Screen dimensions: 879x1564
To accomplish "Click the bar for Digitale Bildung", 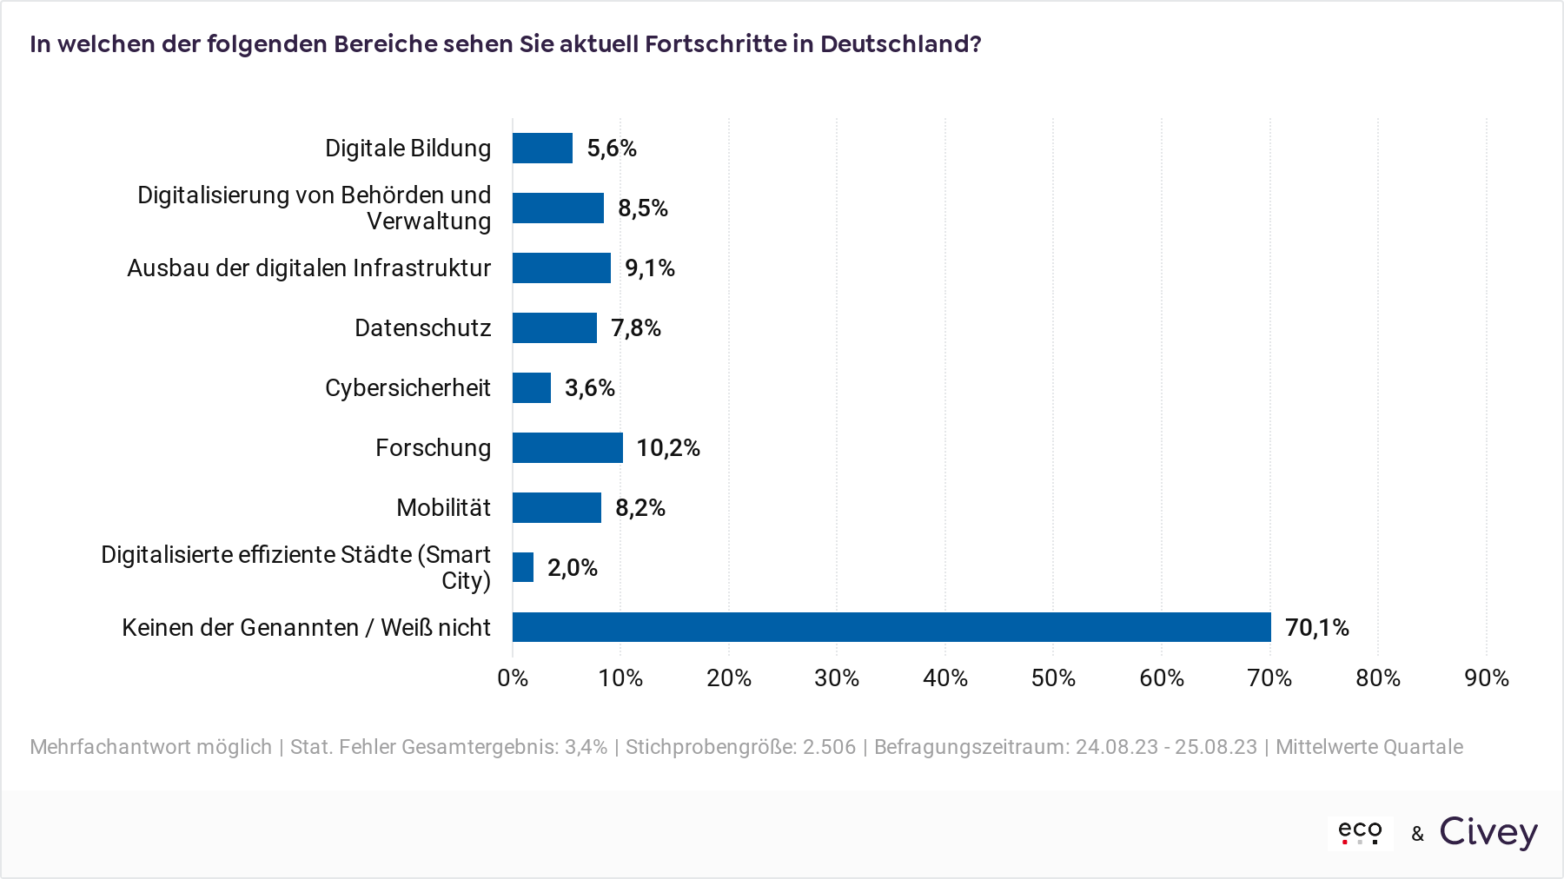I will point(542,149).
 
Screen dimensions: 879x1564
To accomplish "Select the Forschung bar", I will point(567,447).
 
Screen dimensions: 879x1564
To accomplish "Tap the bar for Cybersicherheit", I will point(532,388).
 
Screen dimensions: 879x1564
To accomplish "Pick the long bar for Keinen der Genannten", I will point(891,627).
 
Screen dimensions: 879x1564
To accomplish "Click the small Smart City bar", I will point(523,567).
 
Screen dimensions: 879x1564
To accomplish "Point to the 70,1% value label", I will point(1316,628).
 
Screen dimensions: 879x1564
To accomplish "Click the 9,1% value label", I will point(649,268).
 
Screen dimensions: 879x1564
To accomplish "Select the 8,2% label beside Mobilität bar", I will point(640,508).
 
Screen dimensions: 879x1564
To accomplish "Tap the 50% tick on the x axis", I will point(1053,678).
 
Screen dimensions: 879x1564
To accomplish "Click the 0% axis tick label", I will point(513,678).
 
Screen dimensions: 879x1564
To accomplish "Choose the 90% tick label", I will point(1486,678).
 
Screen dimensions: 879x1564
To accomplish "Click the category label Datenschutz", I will point(422,328).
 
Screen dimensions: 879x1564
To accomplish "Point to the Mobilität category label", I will point(443,508).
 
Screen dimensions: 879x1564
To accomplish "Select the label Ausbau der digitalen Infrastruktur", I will point(308,268).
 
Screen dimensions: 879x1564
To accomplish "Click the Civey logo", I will point(1488,832).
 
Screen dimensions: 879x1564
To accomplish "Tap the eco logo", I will point(1360,832).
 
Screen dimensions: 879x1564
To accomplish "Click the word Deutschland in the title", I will point(899,44).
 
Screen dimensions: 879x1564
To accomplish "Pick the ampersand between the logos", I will point(1418,834).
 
